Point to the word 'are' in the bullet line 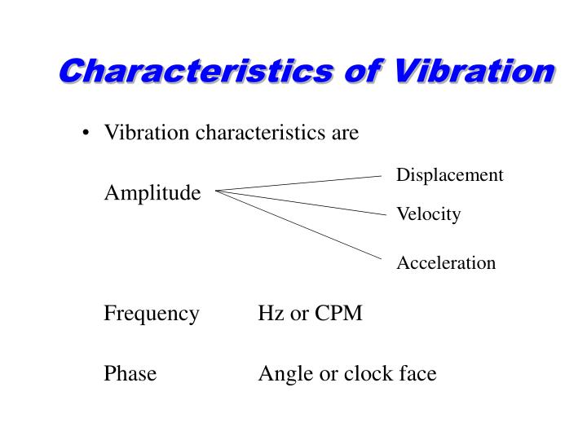click(x=345, y=132)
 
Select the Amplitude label click(x=152, y=193)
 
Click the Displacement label click(x=449, y=175)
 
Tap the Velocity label click(x=428, y=214)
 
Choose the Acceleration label click(x=446, y=262)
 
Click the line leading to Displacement click(x=302, y=183)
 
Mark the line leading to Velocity click(x=302, y=203)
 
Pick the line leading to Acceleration click(x=302, y=226)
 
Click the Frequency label click(x=151, y=314)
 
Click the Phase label click(x=130, y=374)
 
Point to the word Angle click(x=281, y=375)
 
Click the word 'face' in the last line click(x=418, y=374)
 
